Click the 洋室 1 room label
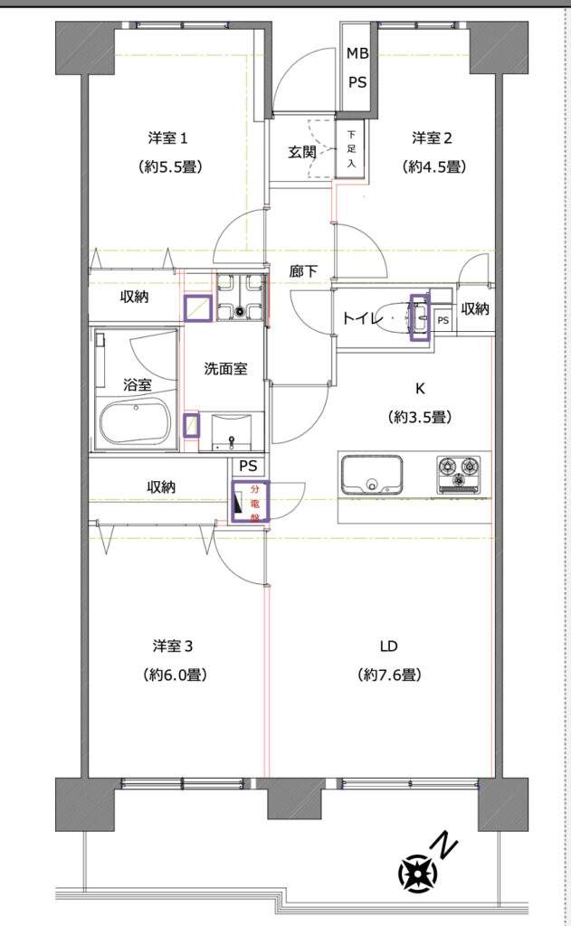pyautogui.click(x=168, y=138)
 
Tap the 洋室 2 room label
pyautogui.click(x=432, y=138)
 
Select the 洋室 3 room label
pyautogui.click(x=173, y=646)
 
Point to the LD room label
pyautogui.click(x=389, y=646)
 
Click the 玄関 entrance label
pyautogui.click(x=302, y=152)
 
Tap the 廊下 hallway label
pyautogui.click(x=304, y=271)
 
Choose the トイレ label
pyautogui.click(x=362, y=319)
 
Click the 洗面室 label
pyautogui.click(x=225, y=369)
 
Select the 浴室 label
pyautogui.click(x=138, y=385)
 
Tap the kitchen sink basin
pyautogui.click(x=371, y=474)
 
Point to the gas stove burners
pyautogui.click(x=459, y=474)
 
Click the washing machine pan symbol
pyautogui.click(x=240, y=297)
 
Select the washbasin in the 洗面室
pyautogui.click(x=231, y=433)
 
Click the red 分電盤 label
pyautogui.click(x=255, y=503)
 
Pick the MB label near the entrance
pyautogui.click(x=357, y=53)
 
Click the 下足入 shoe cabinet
pyautogui.click(x=351, y=148)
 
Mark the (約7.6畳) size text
pyautogui.click(x=389, y=675)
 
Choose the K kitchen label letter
pyautogui.click(x=420, y=389)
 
